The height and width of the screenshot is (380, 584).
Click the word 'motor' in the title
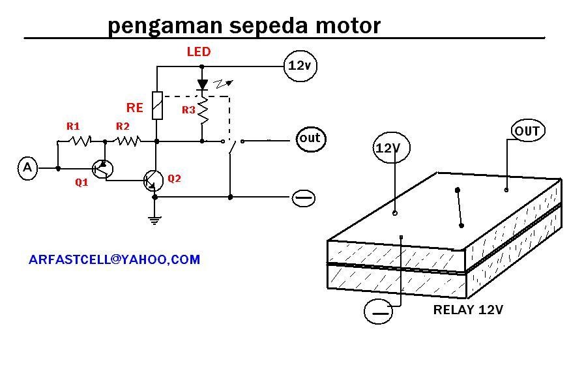pos(348,26)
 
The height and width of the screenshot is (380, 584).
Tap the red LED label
pos(199,51)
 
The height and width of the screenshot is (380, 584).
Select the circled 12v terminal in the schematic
pos(300,66)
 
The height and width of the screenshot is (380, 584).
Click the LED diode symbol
pos(202,85)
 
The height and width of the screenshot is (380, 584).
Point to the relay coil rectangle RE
pos(158,106)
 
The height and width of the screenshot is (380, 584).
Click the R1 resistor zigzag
pos(80,141)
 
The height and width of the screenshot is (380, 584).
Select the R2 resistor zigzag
pos(128,141)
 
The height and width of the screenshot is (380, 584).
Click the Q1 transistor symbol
pos(102,169)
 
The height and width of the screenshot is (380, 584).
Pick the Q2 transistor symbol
pos(153,181)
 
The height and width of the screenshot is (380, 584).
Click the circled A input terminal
pos(27,168)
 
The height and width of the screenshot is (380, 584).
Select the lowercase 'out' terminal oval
pos(311,139)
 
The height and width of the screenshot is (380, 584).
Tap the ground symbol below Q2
pos(154,220)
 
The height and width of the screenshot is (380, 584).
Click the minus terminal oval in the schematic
pos(304,198)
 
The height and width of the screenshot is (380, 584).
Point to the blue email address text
pos(114,259)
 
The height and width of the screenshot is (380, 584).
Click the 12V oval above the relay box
pos(391,147)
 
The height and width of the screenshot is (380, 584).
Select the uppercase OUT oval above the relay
pos(528,130)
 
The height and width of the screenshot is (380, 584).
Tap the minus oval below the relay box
pos(378,311)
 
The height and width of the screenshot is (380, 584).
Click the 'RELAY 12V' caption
pos(468,310)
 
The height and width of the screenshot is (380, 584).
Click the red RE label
pos(134,108)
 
